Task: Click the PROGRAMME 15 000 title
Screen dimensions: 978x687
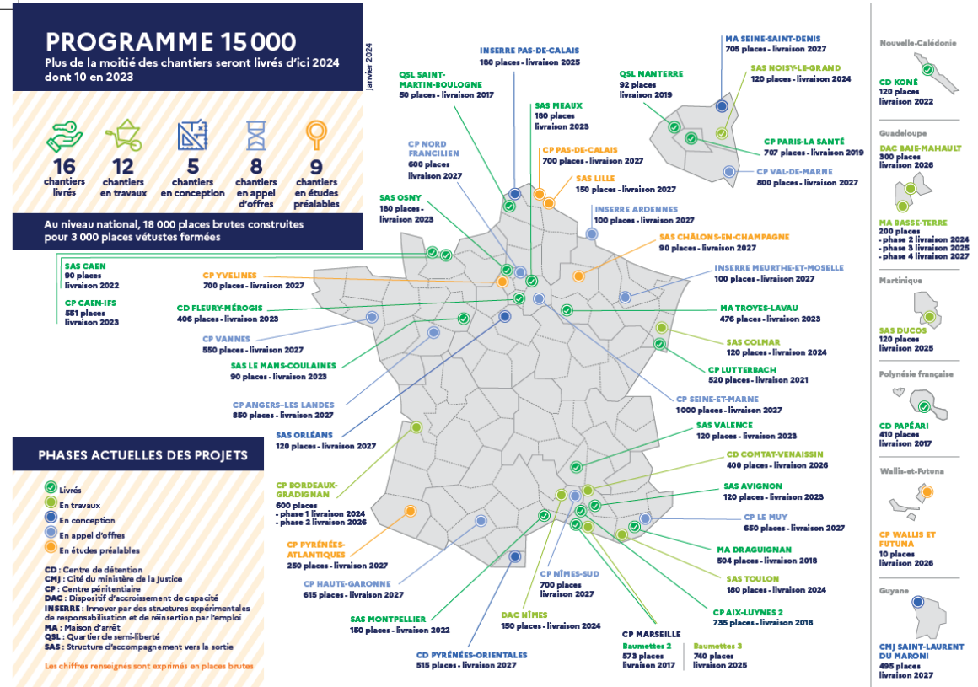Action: click(x=171, y=42)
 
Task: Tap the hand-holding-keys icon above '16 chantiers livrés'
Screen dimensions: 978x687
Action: click(x=64, y=137)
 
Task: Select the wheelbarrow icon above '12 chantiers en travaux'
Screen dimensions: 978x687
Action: click(x=123, y=135)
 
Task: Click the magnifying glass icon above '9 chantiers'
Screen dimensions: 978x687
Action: click(x=316, y=135)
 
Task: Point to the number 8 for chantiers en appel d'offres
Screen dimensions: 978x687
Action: click(x=256, y=166)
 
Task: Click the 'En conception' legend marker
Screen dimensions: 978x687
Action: click(x=51, y=518)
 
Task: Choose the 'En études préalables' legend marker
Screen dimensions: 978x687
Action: click(x=51, y=547)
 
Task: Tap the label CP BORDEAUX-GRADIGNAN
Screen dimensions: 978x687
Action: click(x=307, y=490)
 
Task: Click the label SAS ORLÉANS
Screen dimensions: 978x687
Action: click(x=304, y=435)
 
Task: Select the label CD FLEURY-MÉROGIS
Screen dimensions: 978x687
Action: click(x=219, y=308)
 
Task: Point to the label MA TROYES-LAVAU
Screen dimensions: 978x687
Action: click(x=759, y=308)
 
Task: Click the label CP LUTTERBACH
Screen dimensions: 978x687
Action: click(x=742, y=370)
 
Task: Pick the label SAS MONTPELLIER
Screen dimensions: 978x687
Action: click(x=388, y=619)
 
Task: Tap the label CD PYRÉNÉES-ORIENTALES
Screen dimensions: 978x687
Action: click(x=471, y=655)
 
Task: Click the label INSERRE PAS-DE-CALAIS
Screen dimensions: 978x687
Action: click(x=529, y=51)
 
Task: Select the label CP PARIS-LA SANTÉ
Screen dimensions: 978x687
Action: click(x=804, y=142)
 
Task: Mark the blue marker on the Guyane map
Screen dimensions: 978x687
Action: click(x=917, y=602)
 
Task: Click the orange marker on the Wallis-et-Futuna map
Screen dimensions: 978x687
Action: click(x=927, y=492)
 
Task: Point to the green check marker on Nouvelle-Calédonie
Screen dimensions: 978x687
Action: click(x=927, y=70)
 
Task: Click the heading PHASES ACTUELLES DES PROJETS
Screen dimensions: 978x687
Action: click(x=142, y=455)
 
